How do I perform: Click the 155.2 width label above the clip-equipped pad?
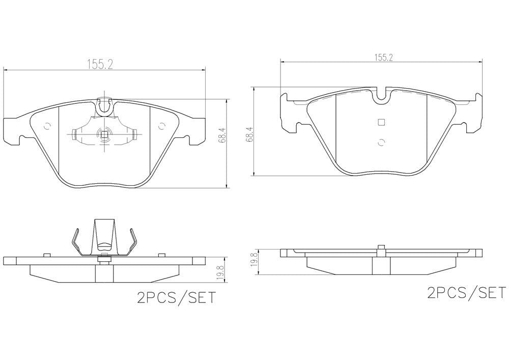[x=99, y=64]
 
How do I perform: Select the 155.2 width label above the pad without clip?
[x=384, y=58]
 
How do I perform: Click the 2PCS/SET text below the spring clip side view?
[x=176, y=297]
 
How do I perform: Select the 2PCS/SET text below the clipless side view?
[x=466, y=293]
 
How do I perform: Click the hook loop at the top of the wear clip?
[x=105, y=105]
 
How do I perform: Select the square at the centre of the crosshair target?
[x=104, y=135]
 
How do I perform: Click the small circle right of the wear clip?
[x=161, y=126]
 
